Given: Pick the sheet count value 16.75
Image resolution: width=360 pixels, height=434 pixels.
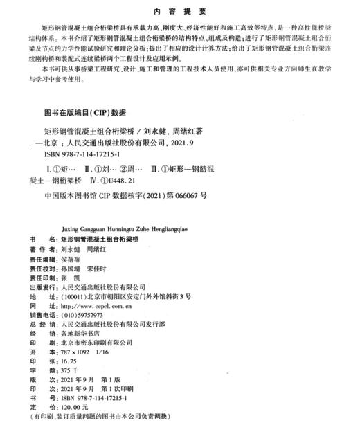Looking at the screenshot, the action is click(69, 361).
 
